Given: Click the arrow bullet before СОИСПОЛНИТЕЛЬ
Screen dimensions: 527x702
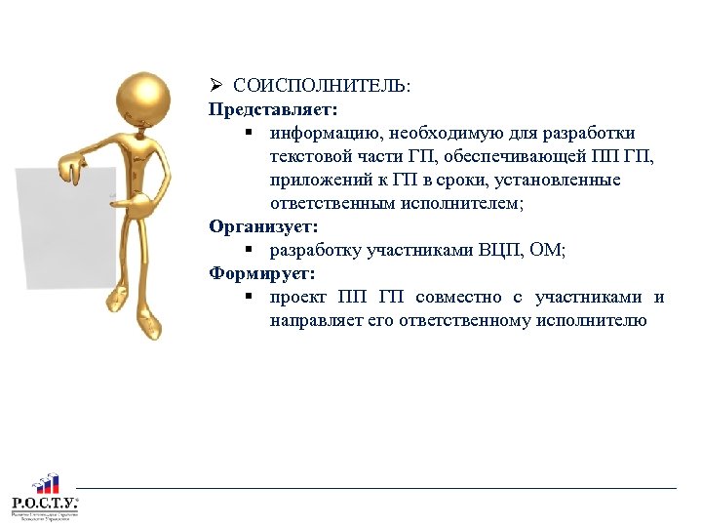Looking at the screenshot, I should (215, 86).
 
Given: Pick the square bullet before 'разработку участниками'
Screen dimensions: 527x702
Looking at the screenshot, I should (250, 250).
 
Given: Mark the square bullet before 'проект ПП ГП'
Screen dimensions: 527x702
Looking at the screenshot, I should (250, 297).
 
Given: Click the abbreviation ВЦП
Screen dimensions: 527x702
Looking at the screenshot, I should (502, 251).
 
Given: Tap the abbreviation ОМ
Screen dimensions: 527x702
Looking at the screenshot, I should (550, 251).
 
